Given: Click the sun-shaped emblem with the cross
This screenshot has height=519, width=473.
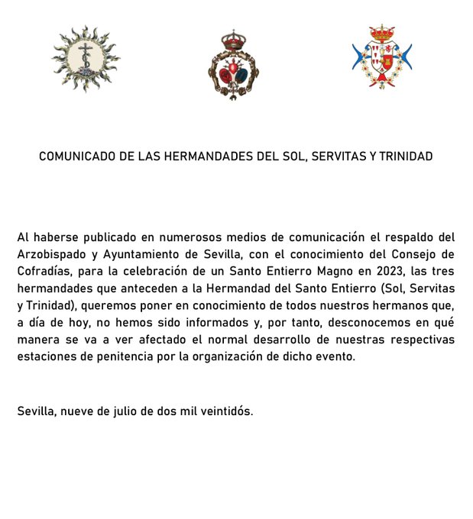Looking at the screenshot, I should coord(86,60).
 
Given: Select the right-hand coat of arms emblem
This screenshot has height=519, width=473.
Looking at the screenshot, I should coord(381,61).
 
